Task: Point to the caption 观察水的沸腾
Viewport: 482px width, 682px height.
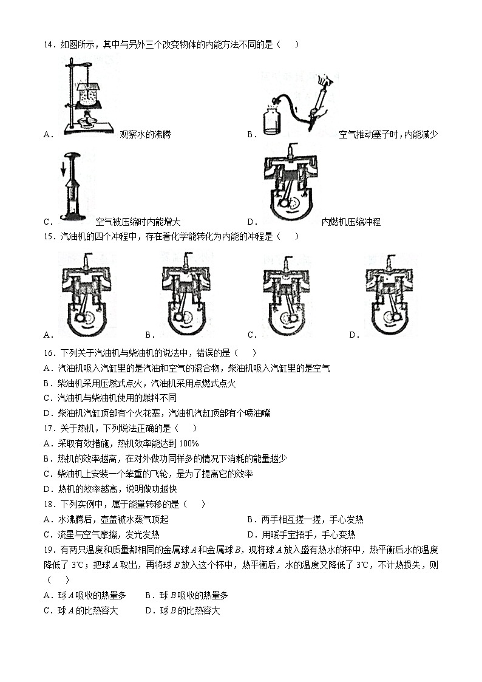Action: [145, 134]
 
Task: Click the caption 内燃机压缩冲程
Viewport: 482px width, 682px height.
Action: [351, 222]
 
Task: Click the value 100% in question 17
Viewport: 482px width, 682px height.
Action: [189, 443]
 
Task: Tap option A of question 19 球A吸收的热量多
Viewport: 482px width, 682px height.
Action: [85, 595]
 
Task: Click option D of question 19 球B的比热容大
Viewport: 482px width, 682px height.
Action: [183, 610]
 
